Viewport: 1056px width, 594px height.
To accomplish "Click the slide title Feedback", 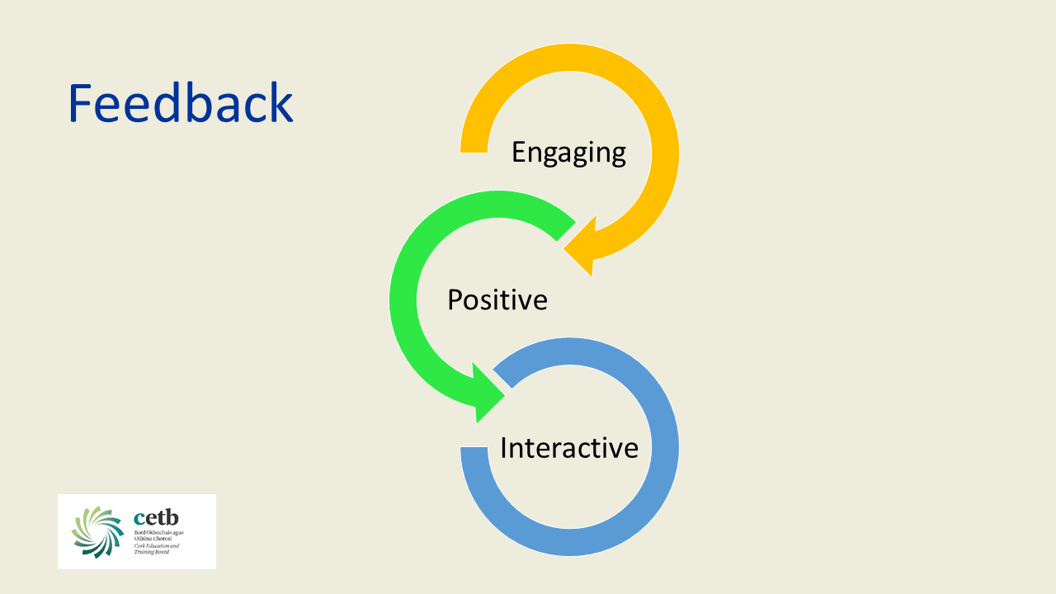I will (180, 103).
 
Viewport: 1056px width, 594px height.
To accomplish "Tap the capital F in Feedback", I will (82, 103).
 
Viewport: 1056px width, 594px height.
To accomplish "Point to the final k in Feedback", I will (280, 103).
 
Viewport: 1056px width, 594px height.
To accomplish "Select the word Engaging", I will (568, 153).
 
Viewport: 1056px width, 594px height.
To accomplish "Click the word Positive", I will (497, 299).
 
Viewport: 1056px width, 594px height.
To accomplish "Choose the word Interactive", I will (568, 447).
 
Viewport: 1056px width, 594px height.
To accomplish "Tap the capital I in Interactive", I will (504, 447).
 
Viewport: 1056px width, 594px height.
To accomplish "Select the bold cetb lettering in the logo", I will (156, 518).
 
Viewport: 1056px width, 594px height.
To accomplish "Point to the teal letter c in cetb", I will (139, 519).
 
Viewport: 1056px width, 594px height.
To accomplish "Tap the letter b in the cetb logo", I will (172, 517).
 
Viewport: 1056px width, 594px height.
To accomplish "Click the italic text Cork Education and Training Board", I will (156, 549).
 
